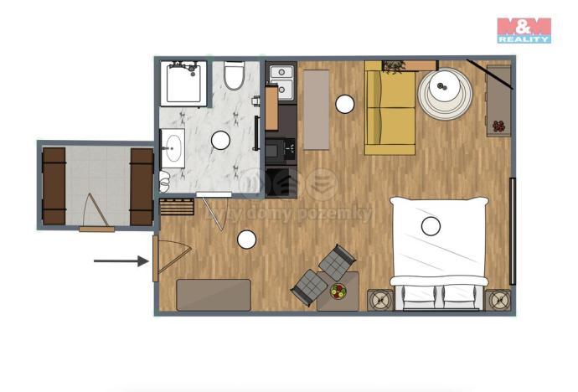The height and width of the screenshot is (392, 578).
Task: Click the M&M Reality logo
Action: tap(524, 29)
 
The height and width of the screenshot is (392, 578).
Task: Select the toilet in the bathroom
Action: tap(234, 76)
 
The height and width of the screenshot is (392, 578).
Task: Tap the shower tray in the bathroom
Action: tap(183, 83)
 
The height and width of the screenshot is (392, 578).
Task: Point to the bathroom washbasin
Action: tap(174, 147)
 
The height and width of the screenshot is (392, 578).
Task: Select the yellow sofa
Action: tap(390, 113)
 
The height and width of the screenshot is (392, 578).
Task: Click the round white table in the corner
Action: tap(444, 91)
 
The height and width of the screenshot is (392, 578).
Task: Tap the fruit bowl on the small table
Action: tap(338, 291)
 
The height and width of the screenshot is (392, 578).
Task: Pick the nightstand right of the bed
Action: tap(498, 299)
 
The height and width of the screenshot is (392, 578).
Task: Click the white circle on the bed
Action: tap(431, 225)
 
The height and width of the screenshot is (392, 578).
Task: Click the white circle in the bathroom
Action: tap(221, 140)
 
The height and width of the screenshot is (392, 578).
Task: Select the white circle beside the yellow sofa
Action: tap(344, 104)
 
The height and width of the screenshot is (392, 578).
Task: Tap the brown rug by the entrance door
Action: tap(214, 295)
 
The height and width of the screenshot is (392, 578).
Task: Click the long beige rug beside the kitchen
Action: tap(316, 109)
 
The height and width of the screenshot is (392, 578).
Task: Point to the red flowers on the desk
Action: tap(499, 126)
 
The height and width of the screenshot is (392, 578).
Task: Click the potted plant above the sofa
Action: tap(395, 65)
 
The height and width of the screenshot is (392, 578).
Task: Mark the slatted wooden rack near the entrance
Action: tap(173, 207)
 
